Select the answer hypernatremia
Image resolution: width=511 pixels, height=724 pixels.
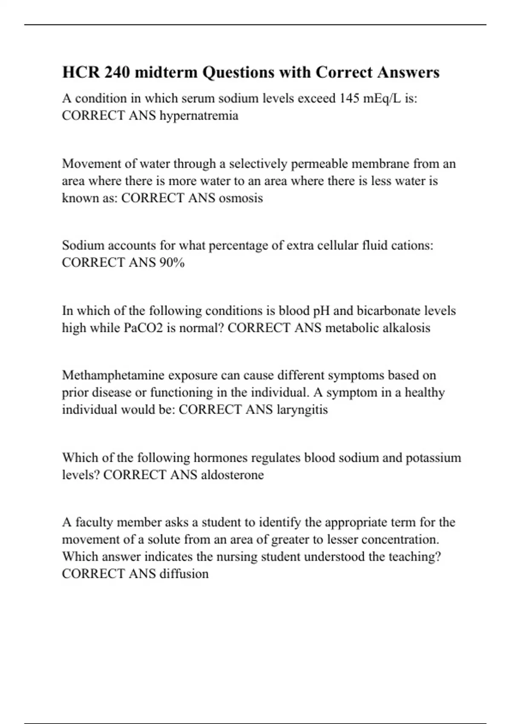pos(199,115)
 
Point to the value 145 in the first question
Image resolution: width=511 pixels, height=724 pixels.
pos(349,98)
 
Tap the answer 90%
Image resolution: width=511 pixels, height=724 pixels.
pos(172,263)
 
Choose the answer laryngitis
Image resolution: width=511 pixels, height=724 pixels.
pos(302,410)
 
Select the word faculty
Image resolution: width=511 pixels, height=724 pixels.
pos(94,522)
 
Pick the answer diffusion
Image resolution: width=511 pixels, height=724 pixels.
pos(184,574)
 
